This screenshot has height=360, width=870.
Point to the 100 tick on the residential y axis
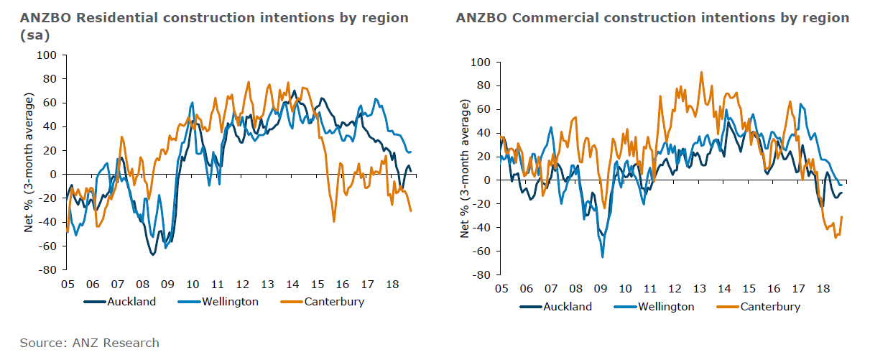(47, 55)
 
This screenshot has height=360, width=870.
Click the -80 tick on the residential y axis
(47, 270)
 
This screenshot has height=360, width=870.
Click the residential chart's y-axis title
(29, 162)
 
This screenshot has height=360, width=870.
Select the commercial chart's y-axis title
(465, 169)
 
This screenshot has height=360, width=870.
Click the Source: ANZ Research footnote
(90, 343)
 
